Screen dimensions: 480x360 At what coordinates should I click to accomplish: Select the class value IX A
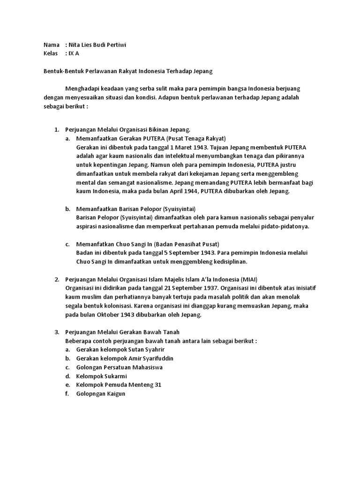coord(74,53)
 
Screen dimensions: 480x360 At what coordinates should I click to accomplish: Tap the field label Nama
coord(51,45)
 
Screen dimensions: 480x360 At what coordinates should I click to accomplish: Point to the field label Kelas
coord(51,53)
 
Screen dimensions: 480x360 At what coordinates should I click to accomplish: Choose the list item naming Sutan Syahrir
coord(120,350)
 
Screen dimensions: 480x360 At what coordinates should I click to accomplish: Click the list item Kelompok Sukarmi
coord(102,376)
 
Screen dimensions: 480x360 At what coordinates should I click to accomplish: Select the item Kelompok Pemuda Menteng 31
coord(119,385)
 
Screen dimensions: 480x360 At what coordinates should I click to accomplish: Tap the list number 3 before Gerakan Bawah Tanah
coord(57,332)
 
